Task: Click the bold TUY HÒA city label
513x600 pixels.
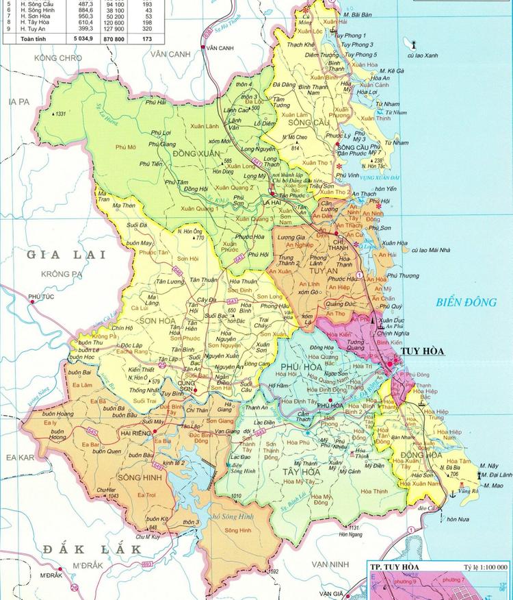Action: [x=422, y=351]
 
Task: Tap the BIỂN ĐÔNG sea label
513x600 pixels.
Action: [x=464, y=301]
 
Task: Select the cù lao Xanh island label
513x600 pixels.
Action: [x=421, y=55]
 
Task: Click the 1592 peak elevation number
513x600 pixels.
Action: [x=272, y=571]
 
